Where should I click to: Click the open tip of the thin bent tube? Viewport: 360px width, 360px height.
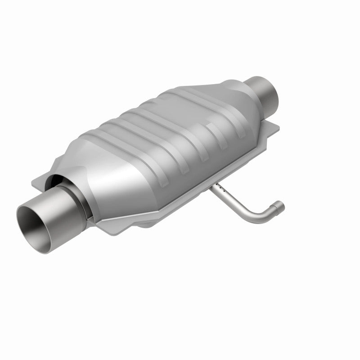click(x=281, y=206)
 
